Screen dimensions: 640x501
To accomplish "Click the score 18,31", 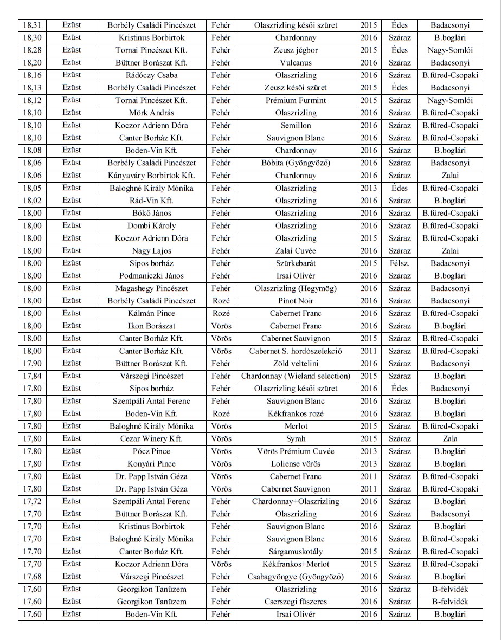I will (33, 25).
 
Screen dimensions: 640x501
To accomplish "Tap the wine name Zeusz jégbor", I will (296, 50).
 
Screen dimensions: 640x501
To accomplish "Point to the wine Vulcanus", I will (296, 63).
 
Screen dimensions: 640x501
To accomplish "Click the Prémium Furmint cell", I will (296, 100).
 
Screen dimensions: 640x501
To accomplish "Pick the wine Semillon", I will (296, 126).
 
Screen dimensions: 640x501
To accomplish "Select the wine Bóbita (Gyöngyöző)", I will (296, 163).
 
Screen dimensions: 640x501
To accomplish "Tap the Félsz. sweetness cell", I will (400, 263).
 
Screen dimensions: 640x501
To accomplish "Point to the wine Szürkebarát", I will (296, 263).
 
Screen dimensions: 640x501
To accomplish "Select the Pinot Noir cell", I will (296, 301).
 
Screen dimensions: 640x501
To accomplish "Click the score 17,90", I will (33, 364).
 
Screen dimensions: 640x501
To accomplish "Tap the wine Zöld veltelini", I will (296, 364).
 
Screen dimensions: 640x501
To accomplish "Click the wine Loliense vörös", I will (296, 464).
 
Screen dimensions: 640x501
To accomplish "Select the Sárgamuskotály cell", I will (296, 552).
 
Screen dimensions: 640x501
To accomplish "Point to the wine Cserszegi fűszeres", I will (296, 602).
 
